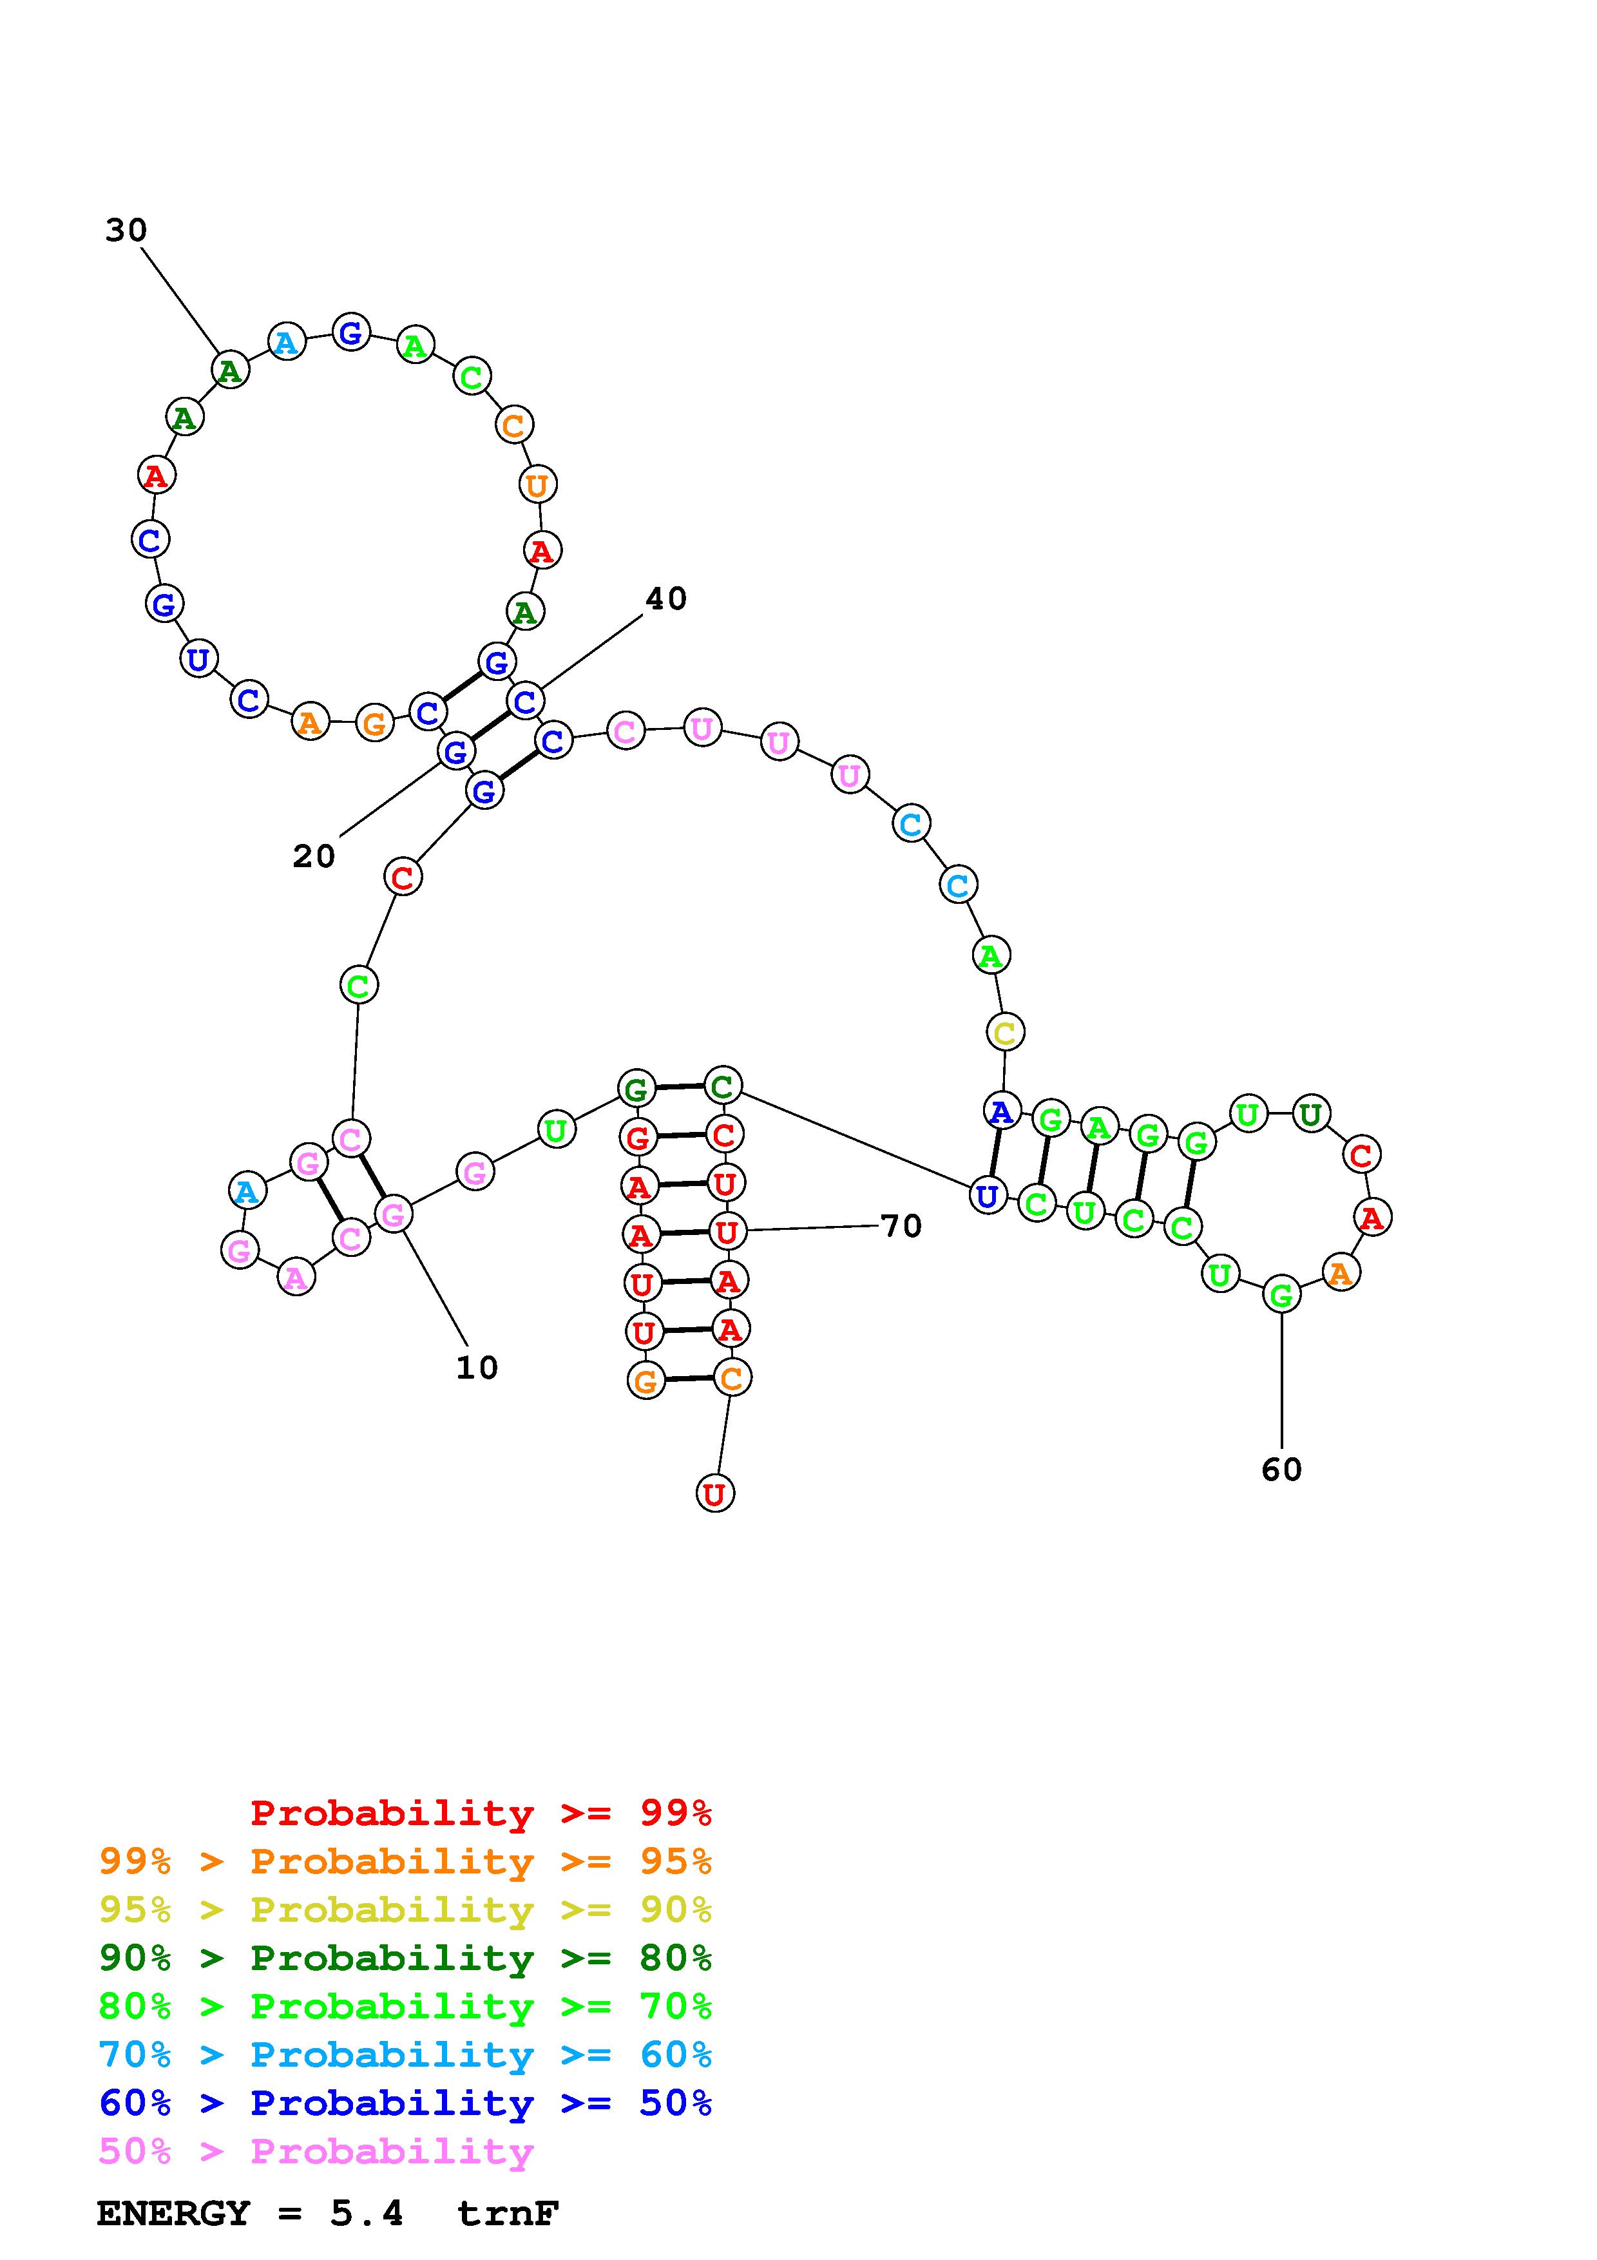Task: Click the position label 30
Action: (x=126, y=231)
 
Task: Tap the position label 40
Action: (x=665, y=599)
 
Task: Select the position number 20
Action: (x=314, y=856)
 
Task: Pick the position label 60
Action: (x=1281, y=1470)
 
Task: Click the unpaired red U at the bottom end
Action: (x=714, y=1493)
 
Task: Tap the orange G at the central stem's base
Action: (x=645, y=1381)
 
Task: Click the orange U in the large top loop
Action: (x=537, y=484)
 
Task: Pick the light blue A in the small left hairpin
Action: (x=246, y=1191)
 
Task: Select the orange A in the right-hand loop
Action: (x=1339, y=1273)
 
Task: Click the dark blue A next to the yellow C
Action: (x=1002, y=1111)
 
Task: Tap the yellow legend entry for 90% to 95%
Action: (x=405, y=1910)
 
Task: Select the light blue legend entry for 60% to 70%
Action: (x=405, y=2055)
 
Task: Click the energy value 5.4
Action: (x=366, y=2214)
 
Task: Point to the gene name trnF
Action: (x=508, y=2214)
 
